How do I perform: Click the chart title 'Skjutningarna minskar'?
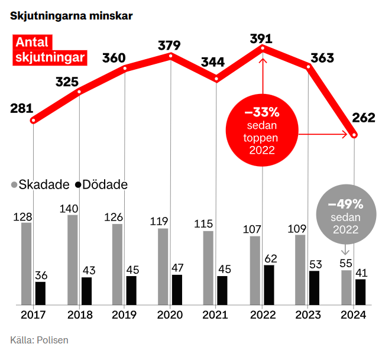71,16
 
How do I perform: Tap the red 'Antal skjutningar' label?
50,50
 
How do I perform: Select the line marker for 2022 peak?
263,47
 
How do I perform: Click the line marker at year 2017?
34,121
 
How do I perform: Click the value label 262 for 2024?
363,118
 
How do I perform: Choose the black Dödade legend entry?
101,184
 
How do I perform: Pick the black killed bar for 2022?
269,284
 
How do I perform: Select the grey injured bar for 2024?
347,287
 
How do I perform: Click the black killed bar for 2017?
40,293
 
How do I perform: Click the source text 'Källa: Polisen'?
39,340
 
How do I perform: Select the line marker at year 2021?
216,79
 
